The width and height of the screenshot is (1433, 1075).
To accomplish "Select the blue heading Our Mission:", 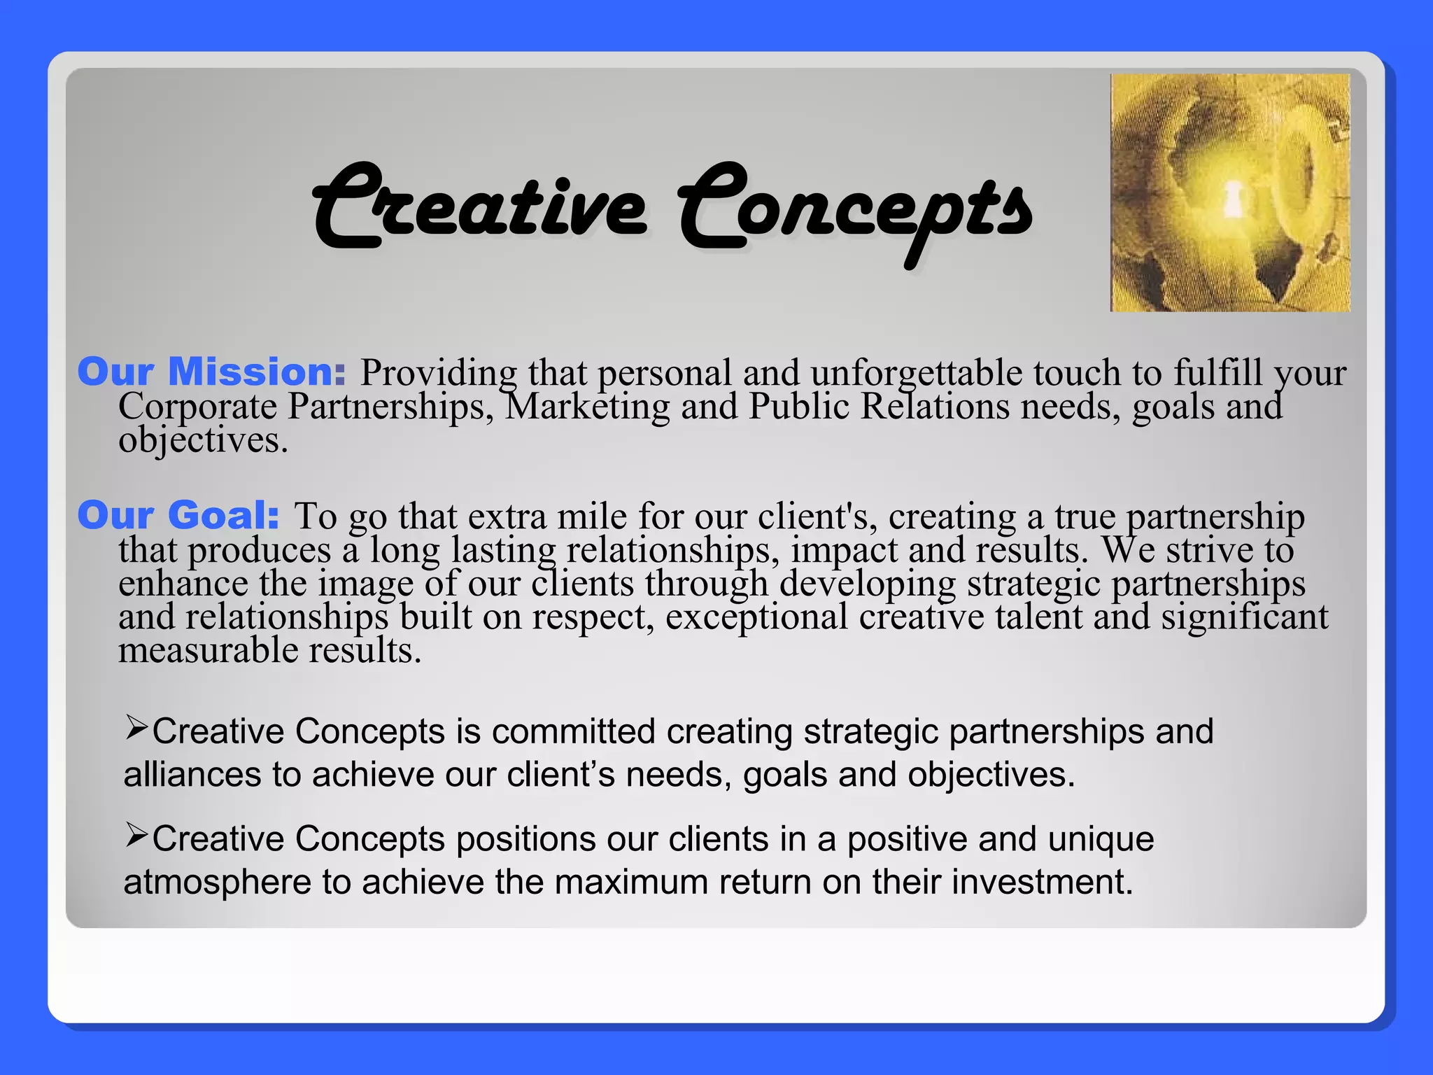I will [211, 372].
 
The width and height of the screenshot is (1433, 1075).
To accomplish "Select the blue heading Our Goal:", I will [178, 516].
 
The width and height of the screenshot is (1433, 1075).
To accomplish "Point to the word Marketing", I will [587, 407].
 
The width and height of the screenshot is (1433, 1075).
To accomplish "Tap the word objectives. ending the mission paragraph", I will [203, 441].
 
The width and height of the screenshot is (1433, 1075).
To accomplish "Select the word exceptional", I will [756, 617].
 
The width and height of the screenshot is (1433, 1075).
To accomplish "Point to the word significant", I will [1244, 617].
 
